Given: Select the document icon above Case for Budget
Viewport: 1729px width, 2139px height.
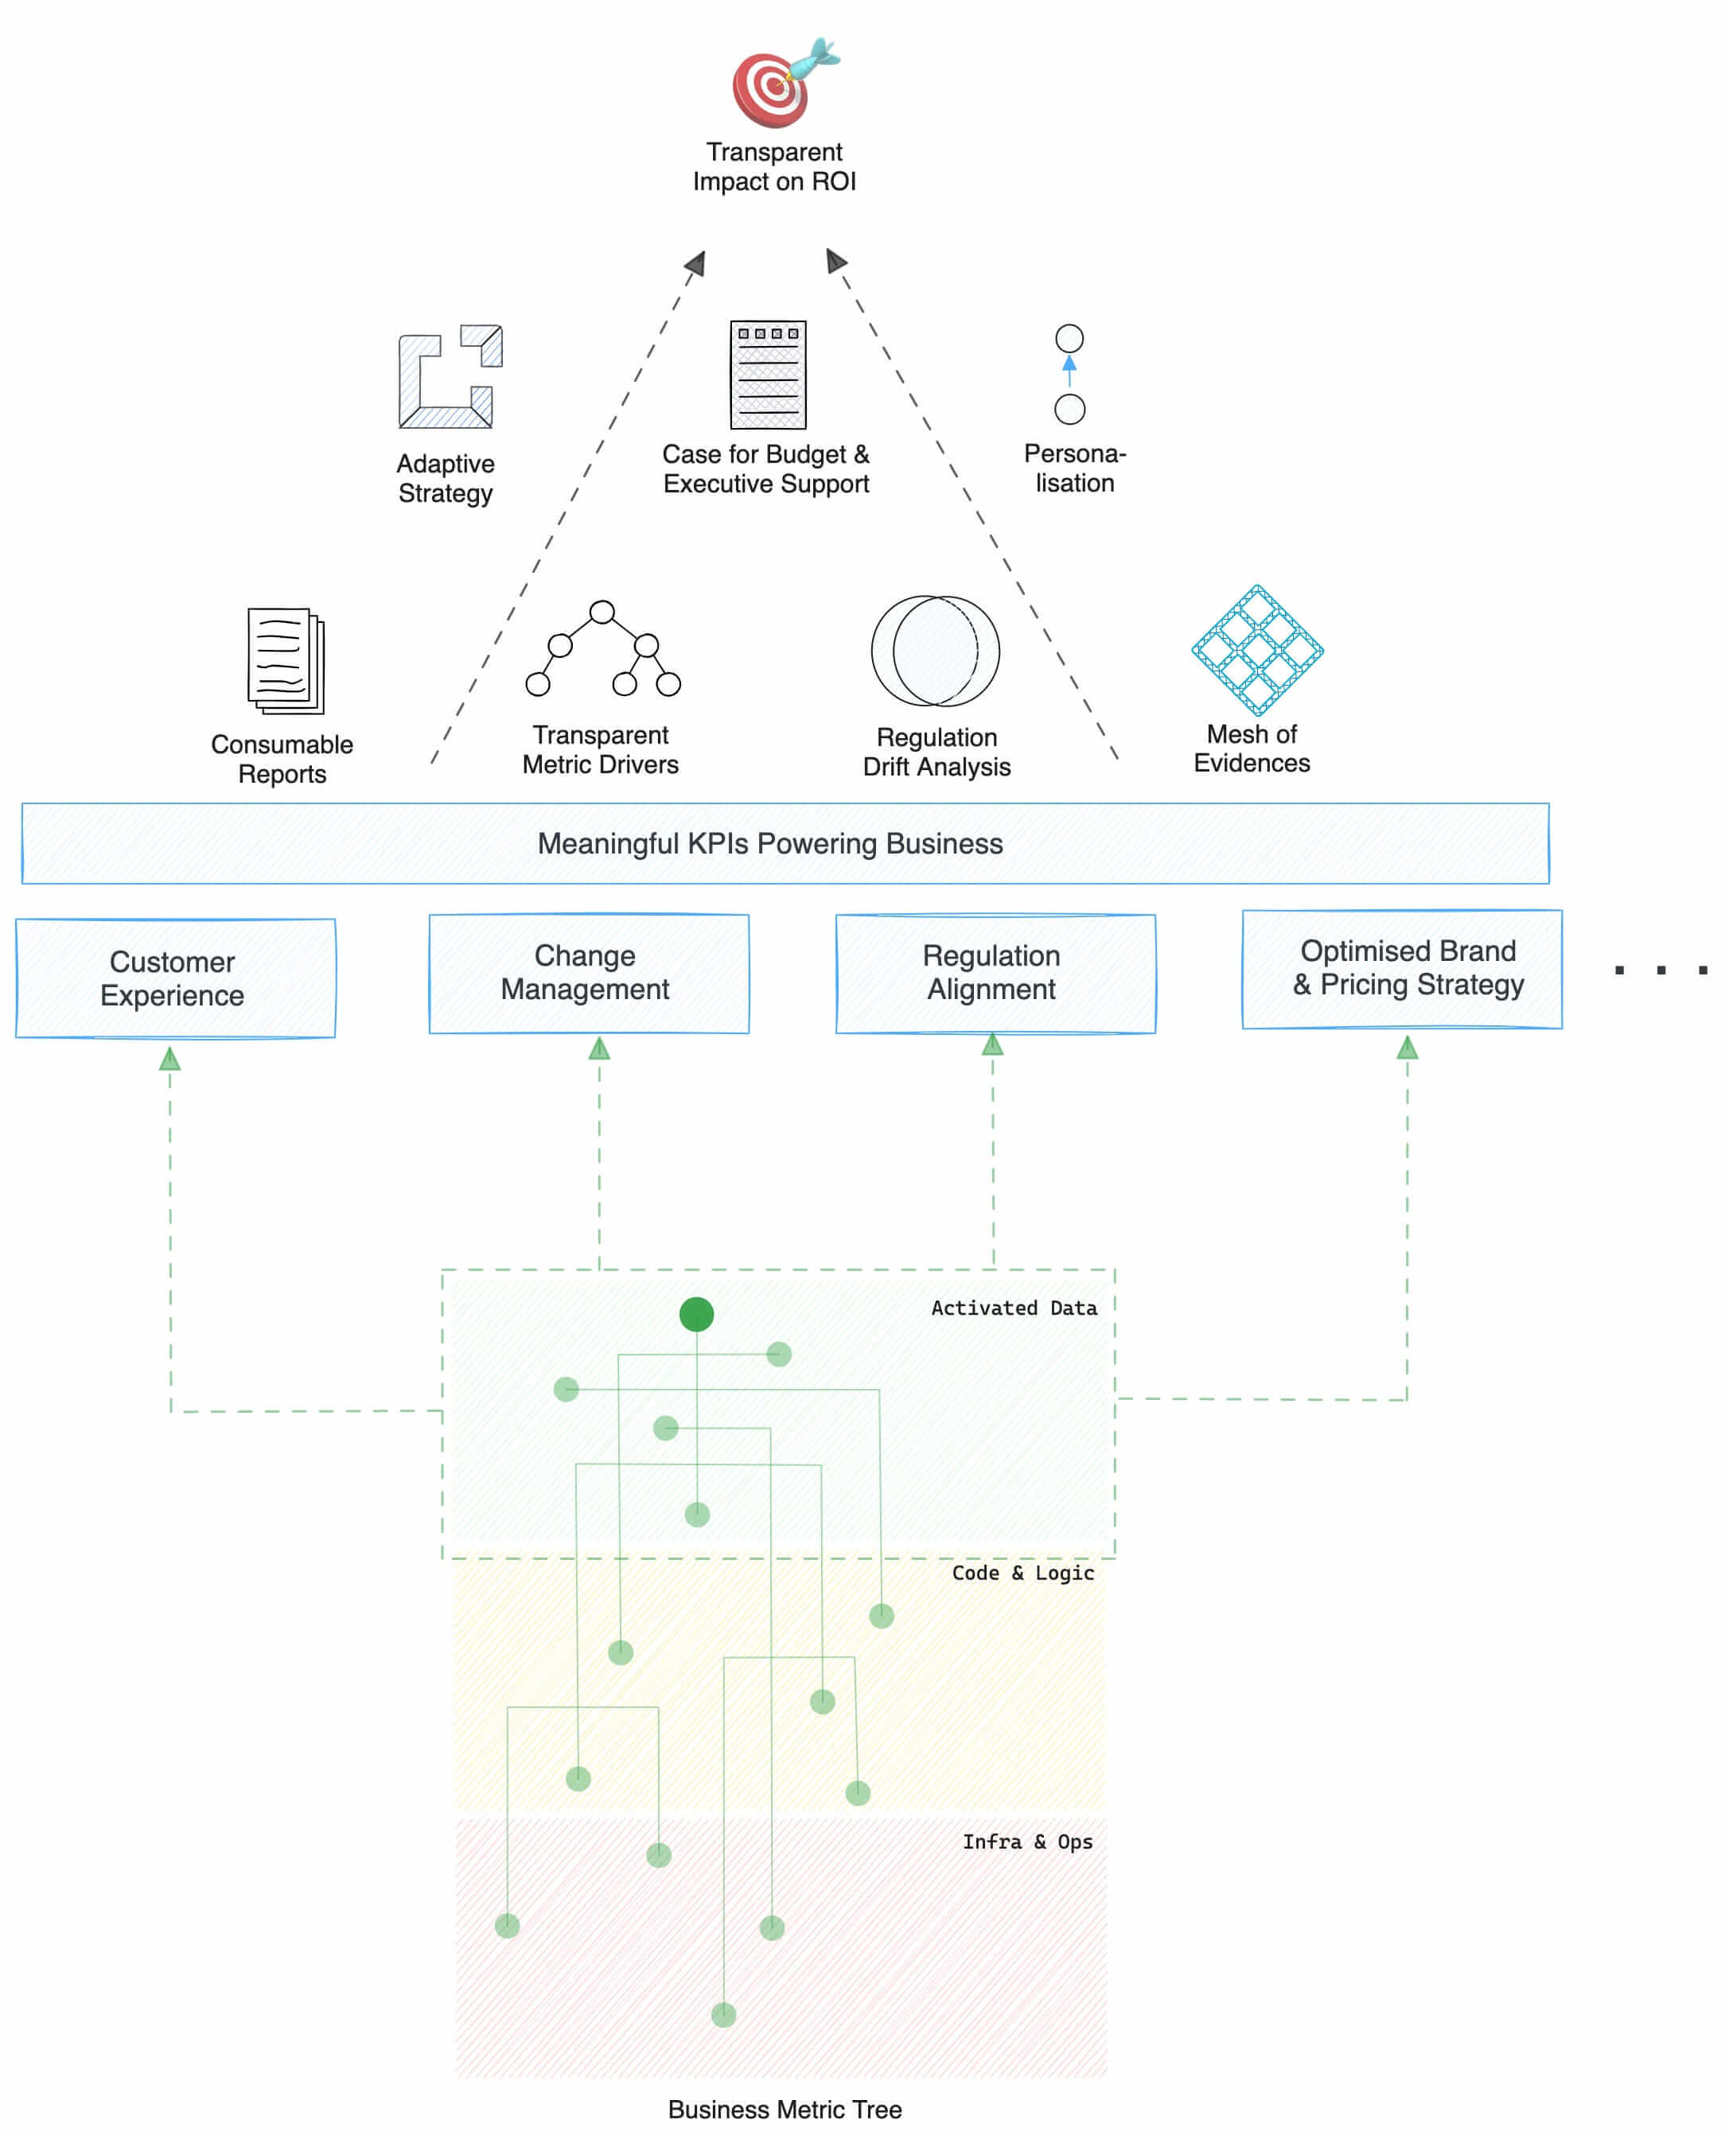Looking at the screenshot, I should pyautogui.click(x=768, y=375).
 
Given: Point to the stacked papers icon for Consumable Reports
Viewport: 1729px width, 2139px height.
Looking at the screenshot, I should pyautogui.click(x=286, y=660).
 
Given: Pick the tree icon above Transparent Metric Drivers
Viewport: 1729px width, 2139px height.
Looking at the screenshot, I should pyautogui.click(x=602, y=648).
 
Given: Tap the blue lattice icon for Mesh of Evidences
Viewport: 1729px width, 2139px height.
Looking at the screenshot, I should pyautogui.click(x=1257, y=650).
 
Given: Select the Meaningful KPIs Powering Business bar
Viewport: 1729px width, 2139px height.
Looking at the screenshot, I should pyautogui.click(x=785, y=843).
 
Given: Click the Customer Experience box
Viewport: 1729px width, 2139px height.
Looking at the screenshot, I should pyautogui.click(x=175, y=978).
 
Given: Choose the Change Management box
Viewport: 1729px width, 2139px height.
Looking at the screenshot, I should pyautogui.click(x=589, y=973).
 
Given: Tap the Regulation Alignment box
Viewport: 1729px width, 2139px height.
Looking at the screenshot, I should pyautogui.click(x=995, y=973).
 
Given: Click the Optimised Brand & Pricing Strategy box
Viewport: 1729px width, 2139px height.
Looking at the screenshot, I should pyautogui.click(x=1401, y=968).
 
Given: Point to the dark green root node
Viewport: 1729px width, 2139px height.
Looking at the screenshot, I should pyautogui.click(x=696, y=1314).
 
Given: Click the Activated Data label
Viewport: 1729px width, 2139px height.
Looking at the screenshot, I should pyautogui.click(x=1014, y=1309).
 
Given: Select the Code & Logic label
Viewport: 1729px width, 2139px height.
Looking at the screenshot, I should pyautogui.click(x=1023, y=1573).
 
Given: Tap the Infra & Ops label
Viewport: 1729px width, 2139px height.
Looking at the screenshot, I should pyautogui.click(x=1027, y=1842).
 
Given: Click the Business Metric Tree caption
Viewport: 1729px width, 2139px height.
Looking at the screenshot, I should pyautogui.click(x=785, y=2109).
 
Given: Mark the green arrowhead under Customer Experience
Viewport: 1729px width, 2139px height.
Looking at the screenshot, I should pyautogui.click(x=170, y=1059).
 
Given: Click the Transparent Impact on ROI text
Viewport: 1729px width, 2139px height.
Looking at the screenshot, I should pyautogui.click(x=774, y=166).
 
